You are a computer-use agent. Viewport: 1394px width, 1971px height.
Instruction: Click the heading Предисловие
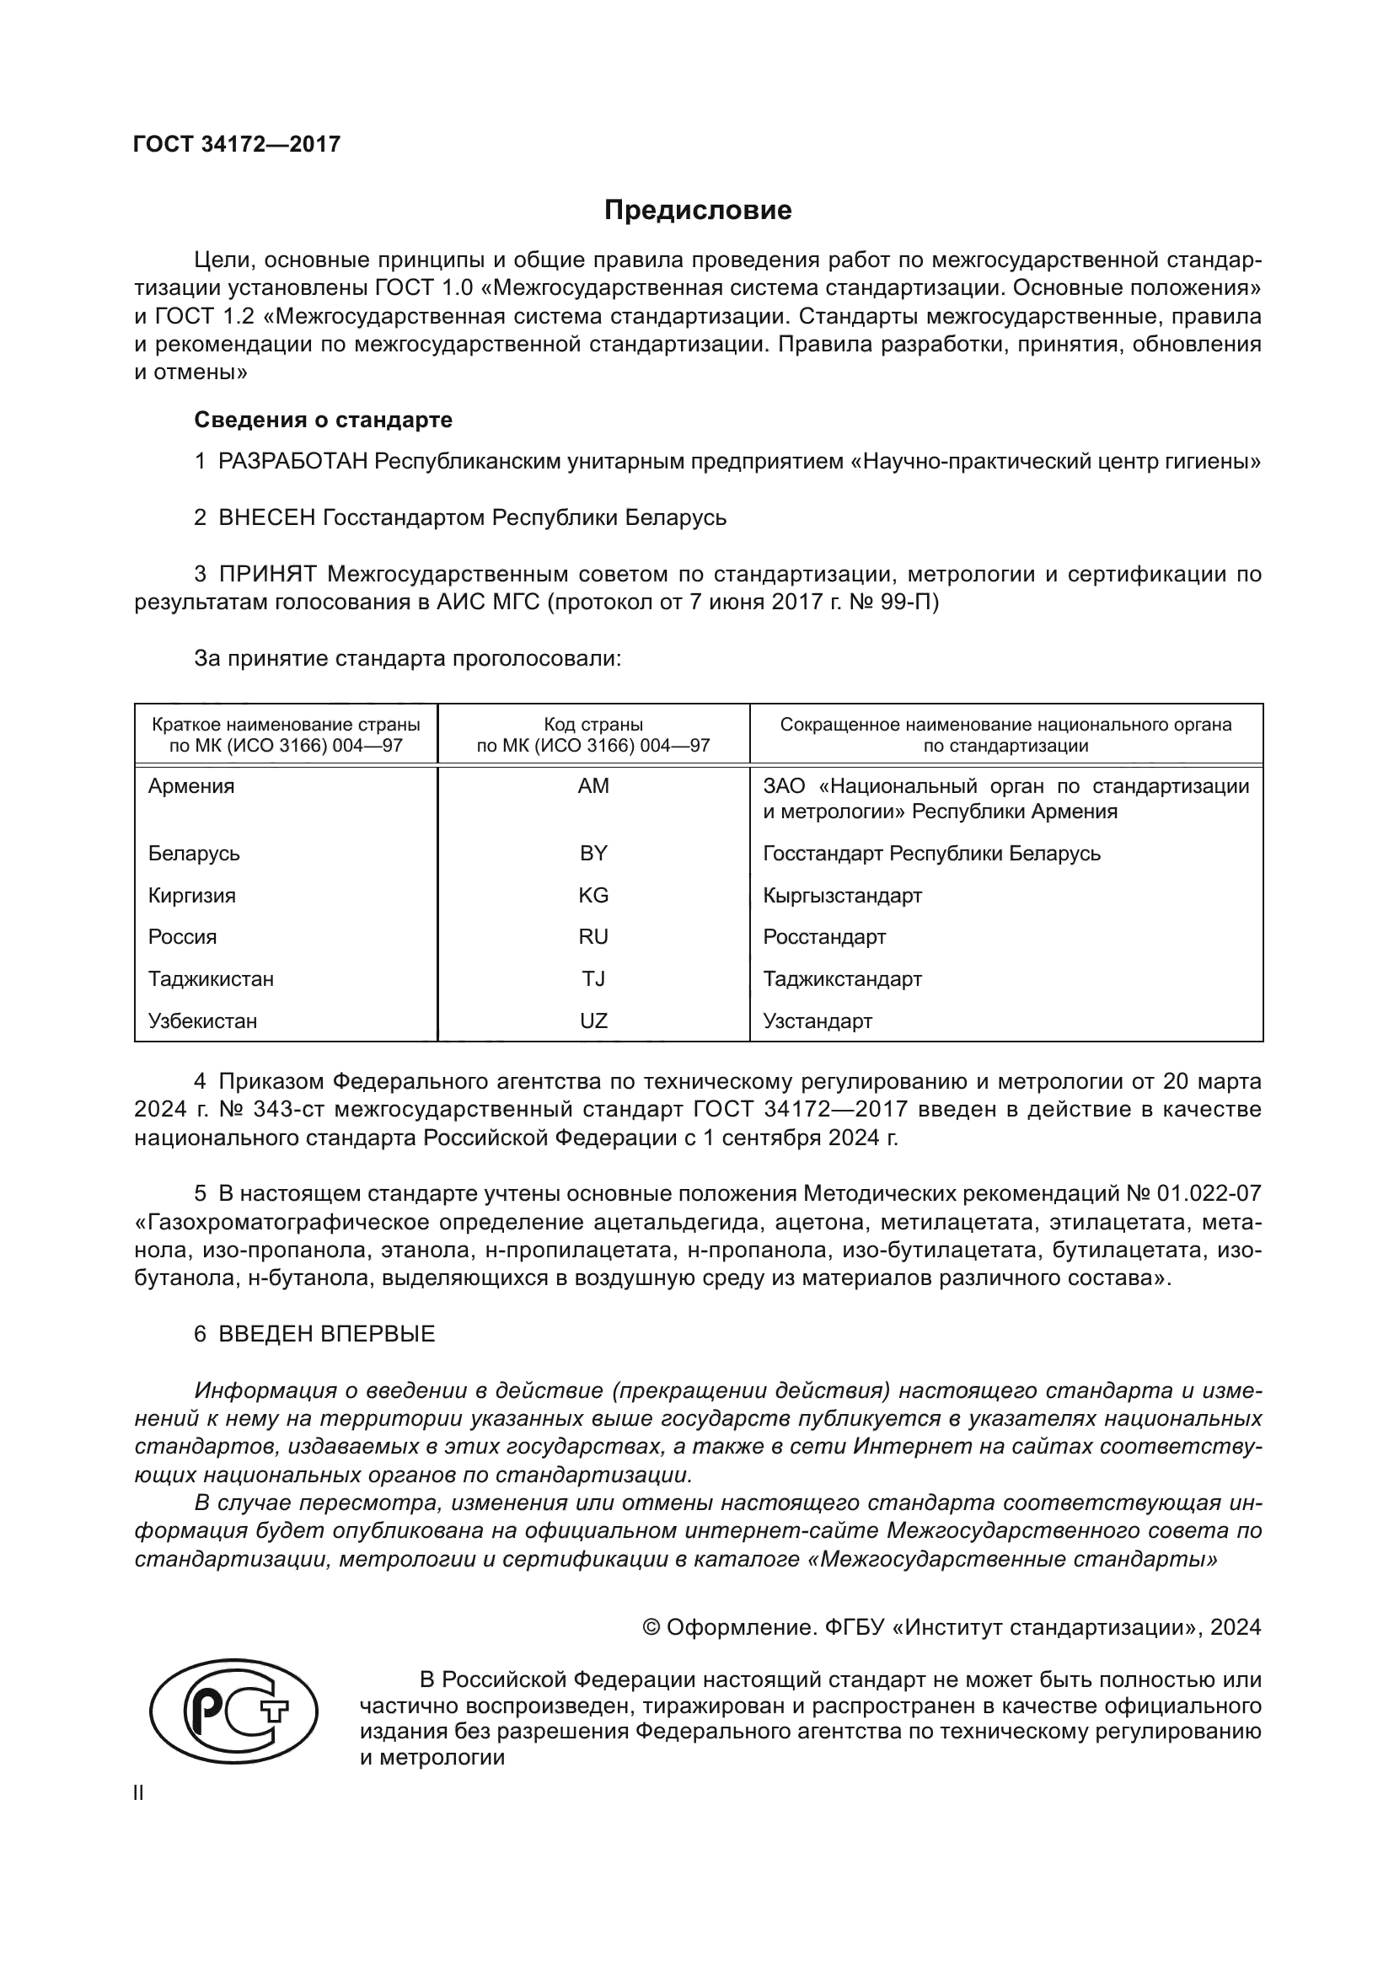pyautogui.click(x=697, y=211)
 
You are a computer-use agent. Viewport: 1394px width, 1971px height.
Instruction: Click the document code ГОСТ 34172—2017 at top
pyautogui.click(x=237, y=144)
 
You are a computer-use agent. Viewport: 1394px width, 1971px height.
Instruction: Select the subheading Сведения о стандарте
pyautogui.click(x=323, y=420)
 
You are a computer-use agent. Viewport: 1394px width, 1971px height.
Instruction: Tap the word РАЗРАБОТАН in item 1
pyautogui.click(x=292, y=462)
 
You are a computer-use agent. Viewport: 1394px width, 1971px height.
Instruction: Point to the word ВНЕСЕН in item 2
pyautogui.click(x=267, y=517)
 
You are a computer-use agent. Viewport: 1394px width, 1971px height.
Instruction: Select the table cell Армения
pyautogui.click(x=190, y=786)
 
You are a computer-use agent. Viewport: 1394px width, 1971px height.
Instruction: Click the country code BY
pyautogui.click(x=593, y=854)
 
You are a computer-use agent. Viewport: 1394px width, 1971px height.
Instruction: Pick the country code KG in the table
pyautogui.click(x=593, y=896)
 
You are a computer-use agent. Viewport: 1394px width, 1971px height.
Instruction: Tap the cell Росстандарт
pyautogui.click(x=824, y=936)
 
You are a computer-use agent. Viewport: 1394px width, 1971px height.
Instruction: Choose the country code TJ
pyautogui.click(x=593, y=978)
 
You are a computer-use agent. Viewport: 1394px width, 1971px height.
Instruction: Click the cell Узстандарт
pyautogui.click(x=818, y=1020)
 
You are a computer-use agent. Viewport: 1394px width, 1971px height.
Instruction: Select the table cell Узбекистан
pyautogui.click(x=202, y=1020)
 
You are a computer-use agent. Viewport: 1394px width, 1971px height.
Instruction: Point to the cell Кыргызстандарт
pyautogui.click(x=842, y=896)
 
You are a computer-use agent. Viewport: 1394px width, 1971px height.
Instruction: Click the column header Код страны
pyautogui.click(x=593, y=725)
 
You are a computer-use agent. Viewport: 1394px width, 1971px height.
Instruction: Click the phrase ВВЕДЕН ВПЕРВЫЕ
pyautogui.click(x=326, y=1334)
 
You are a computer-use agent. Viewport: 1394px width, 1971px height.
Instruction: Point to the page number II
pyautogui.click(x=138, y=1793)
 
